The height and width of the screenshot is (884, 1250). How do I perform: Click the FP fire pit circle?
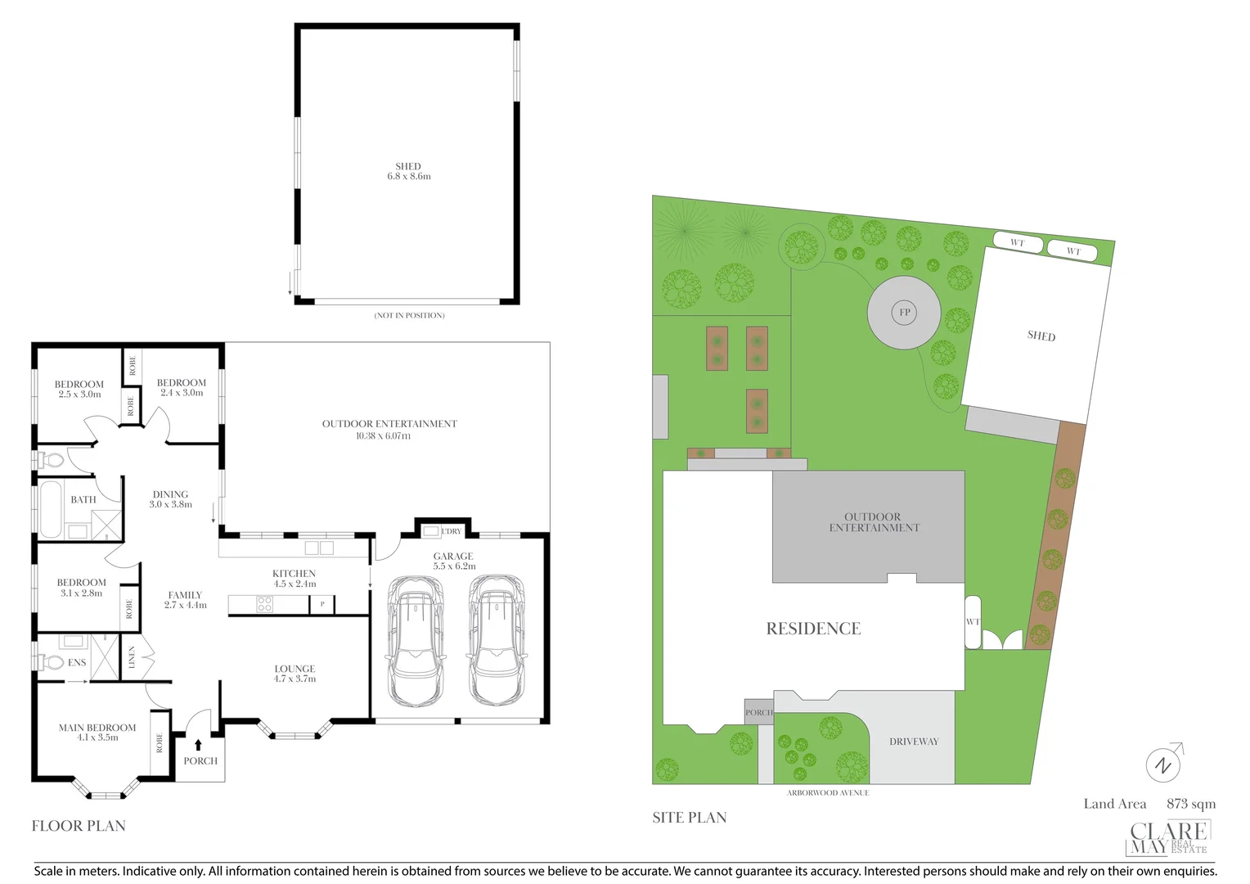[904, 312]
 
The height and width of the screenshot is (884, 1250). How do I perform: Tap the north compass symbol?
[1163, 764]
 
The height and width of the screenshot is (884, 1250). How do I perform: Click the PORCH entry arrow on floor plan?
[198, 744]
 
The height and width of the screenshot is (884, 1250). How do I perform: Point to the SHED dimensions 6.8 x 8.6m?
[409, 177]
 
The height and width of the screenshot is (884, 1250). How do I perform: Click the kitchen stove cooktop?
[265, 605]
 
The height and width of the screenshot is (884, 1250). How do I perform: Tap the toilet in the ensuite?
[52, 661]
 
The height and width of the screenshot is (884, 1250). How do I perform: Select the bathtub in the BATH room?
[51, 509]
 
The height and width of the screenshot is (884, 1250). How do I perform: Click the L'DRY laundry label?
[451, 531]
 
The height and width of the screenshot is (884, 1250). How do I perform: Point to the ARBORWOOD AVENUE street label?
[828, 793]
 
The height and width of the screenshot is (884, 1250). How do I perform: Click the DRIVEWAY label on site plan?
[914, 742]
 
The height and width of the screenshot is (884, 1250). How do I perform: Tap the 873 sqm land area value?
[1191, 804]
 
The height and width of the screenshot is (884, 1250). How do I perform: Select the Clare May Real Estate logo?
[1168, 837]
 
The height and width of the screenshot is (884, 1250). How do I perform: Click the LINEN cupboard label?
[132, 657]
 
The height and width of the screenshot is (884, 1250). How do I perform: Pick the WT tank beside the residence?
[973, 622]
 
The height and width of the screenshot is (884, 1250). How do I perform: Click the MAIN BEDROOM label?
[97, 728]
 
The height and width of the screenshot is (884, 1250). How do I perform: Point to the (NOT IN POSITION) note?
[409, 315]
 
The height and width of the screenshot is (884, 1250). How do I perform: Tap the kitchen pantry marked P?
[322, 605]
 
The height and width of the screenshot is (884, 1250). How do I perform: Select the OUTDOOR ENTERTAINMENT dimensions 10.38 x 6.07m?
[383, 436]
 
